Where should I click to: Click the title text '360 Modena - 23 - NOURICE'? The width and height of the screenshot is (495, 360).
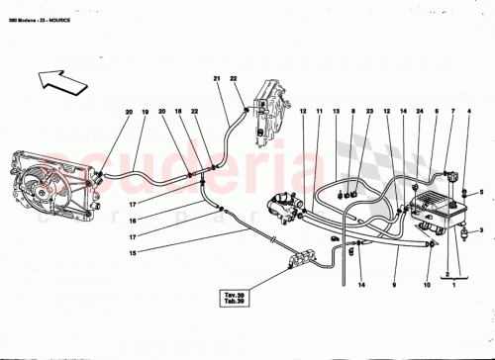(46, 10)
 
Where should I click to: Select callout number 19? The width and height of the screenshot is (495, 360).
(145, 113)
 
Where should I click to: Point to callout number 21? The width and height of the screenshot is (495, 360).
(217, 79)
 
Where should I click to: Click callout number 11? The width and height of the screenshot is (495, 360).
(320, 113)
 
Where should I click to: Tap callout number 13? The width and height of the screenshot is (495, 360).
(337, 113)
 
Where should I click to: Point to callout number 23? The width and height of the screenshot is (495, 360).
(368, 113)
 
